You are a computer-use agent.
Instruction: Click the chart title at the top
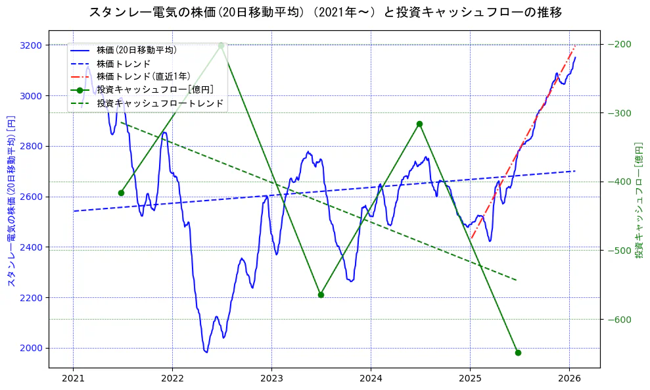coord(325,12)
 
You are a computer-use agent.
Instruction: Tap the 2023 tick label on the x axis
coord(271,379)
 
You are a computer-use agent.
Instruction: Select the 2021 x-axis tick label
coord(73,379)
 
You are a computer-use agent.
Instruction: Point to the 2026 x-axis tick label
coord(569,379)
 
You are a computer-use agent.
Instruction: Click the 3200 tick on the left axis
coord(32,45)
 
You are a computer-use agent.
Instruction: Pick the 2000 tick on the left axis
coord(32,349)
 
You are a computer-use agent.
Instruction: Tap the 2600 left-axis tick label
coord(32,197)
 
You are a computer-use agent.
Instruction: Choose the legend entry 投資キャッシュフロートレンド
coord(160,103)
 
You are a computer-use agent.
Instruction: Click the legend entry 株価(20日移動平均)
coord(136,49)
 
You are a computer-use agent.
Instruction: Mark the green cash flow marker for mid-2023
coord(321,295)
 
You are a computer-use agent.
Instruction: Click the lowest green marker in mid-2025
coord(518,353)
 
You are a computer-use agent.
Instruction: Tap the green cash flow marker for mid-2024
coord(419,124)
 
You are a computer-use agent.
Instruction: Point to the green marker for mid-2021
coord(121,193)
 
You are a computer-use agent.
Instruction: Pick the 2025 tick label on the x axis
coord(470,379)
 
